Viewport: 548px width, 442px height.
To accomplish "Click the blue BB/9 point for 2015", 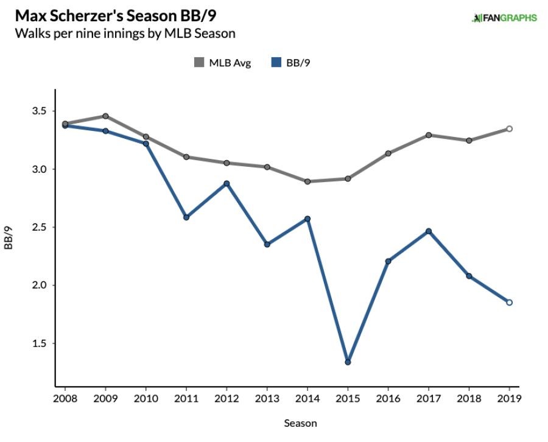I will click(x=348, y=362).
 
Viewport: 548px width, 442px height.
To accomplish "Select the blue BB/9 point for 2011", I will click(x=186, y=217).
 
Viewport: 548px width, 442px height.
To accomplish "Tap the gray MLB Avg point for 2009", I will click(x=105, y=116).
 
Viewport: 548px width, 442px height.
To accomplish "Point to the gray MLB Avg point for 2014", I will click(x=307, y=181).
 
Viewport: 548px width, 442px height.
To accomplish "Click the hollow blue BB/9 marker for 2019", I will click(x=510, y=303).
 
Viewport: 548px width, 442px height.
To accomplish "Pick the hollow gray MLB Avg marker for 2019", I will click(x=510, y=128).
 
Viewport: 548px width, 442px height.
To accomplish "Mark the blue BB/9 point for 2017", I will click(x=429, y=231).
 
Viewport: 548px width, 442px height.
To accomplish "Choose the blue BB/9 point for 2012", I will click(x=227, y=183).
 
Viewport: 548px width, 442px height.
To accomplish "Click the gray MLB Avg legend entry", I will click(x=222, y=62).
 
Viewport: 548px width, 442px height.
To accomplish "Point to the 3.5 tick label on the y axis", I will click(x=37, y=111).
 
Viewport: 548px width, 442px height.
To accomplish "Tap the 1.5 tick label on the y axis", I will click(x=37, y=343).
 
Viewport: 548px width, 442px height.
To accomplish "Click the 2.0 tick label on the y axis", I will click(x=37, y=285).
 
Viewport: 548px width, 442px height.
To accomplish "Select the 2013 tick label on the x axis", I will click(x=267, y=399).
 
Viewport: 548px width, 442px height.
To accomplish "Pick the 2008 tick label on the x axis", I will click(x=65, y=399).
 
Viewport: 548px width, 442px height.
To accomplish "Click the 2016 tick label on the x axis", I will click(x=388, y=399).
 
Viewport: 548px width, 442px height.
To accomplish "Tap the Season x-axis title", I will click(x=300, y=423).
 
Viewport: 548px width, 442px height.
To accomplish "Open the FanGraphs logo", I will click(x=504, y=18).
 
